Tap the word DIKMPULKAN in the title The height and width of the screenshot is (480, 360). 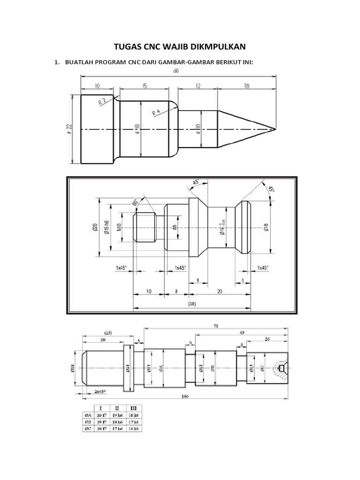(x=224, y=46)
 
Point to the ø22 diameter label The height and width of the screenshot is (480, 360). (x=69, y=129)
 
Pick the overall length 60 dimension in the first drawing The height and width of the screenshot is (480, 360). (x=176, y=71)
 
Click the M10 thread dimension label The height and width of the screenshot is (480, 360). (x=119, y=227)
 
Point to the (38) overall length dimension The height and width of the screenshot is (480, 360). (x=191, y=303)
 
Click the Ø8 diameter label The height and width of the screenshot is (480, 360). (x=174, y=227)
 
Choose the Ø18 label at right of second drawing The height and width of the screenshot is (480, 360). (x=266, y=227)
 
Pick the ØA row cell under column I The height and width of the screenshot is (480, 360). (x=101, y=414)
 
